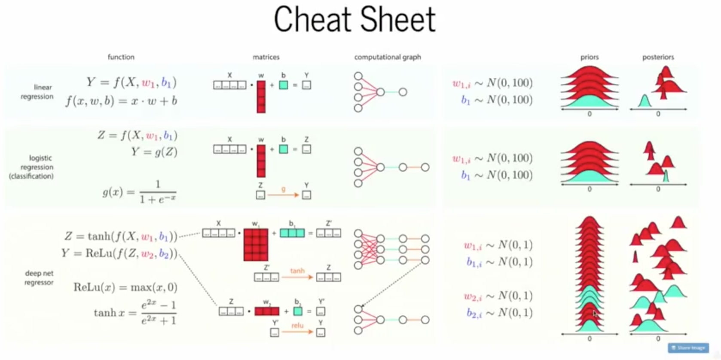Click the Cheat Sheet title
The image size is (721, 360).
tap(354, 20)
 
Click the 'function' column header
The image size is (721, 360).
tap(121, 57)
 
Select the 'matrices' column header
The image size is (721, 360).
tap(266, 57)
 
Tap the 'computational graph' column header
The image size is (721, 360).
tap(388, 57)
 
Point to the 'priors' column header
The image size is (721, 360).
tap(589, 57)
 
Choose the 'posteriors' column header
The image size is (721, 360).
tap(658, 57)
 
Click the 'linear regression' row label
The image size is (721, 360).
tap(37, 92)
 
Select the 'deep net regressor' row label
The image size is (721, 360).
tap(39, 278)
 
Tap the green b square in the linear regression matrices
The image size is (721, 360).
tap(283, 85)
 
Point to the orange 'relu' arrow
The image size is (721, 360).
tap(297, 332)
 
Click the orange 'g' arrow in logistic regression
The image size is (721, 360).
tap(283, 195)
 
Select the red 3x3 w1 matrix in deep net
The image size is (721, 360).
tap(256, 244)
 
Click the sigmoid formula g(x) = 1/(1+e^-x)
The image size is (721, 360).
tap(139, 192)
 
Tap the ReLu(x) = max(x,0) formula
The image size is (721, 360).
tap(125, 287)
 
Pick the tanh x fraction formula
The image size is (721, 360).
tap(135, 312)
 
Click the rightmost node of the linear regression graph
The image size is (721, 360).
tap(403, 92)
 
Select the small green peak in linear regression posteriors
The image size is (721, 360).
tap(644, 102)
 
